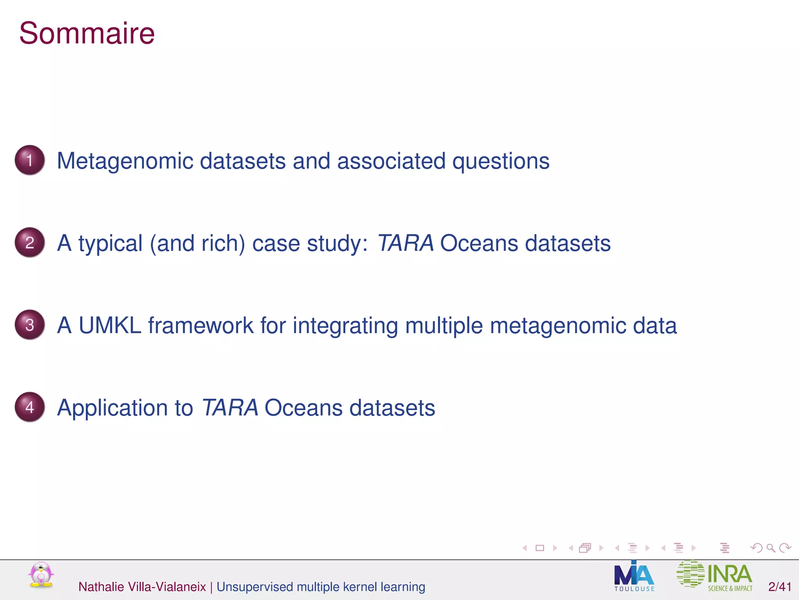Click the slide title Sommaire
(x=87, y=34)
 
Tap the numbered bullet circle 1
(x=30, y=160)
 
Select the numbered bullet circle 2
(x=30, y=243)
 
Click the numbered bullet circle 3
(x=30, y=325)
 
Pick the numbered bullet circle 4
(x=30, y=407)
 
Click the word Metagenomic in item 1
(x=125, y=161)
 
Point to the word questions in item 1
(x=501, y=161)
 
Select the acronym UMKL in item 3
(x=110, y=325)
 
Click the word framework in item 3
(x=201, y=325)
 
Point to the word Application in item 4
(x=112, y=408)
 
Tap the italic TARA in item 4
(x=230, y=408)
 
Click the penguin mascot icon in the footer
(x=41, y=575)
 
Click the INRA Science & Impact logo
(x=714, y=575)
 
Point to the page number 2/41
(x=779, y=587)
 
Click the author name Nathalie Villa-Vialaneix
(x=142, y=587)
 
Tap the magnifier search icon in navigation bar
(x=771, y=548)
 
